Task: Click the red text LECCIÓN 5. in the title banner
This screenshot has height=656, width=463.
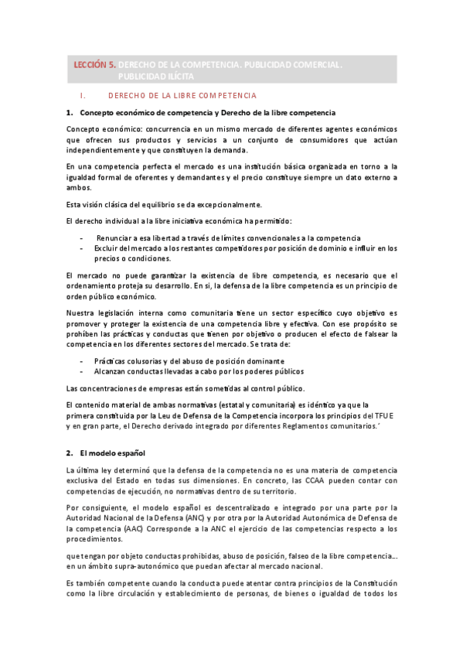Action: click(94, 66)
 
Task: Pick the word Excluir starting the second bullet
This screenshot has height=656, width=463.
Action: click(107, 248)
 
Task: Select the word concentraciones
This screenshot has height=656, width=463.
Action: click(110, 388)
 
